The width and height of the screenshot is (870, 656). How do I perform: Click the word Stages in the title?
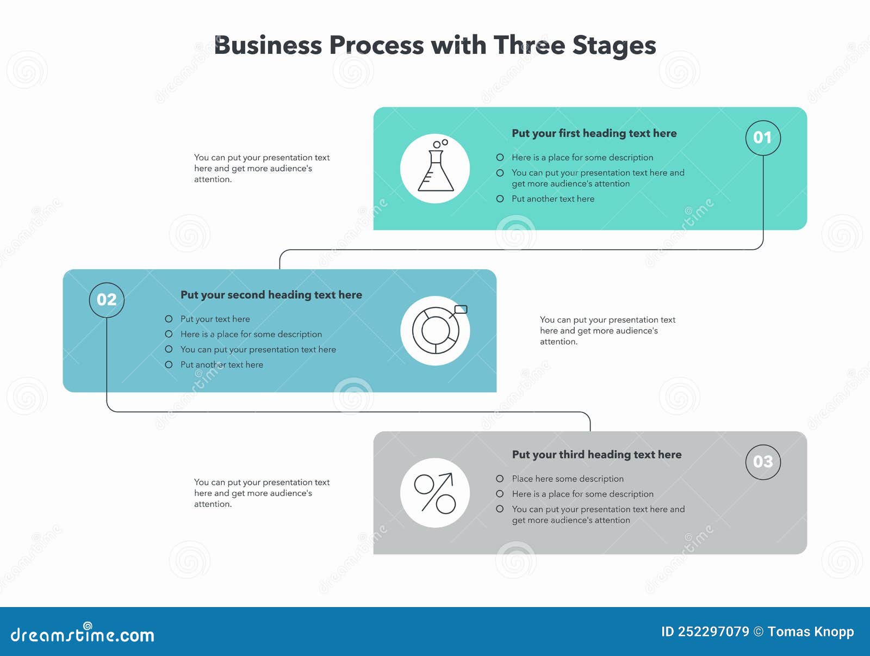coord(614,46)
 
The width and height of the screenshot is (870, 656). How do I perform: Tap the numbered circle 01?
coord(762,138)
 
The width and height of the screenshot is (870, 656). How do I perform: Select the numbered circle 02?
coord(107,300)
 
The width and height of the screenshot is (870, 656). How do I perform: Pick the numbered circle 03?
coord(762,462)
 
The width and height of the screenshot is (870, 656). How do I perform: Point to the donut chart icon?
coord(435,331)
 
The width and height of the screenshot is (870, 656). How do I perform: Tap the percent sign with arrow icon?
coord(435,493)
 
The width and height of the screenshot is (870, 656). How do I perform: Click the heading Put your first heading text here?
coord(594,133)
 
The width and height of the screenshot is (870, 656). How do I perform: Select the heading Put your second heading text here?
coord(271,295)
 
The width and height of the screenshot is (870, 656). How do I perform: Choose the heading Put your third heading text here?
coord(596,455)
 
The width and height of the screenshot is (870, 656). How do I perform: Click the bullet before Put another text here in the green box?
coord(500,199)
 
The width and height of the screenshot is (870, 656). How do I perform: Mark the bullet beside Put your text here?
coord(169,319)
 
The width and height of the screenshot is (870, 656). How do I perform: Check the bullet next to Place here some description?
coord(500,479)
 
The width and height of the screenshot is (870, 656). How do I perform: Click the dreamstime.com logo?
coord(82,634)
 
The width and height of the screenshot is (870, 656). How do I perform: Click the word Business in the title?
coord(264,46)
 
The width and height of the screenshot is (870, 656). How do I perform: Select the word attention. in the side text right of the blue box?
coord(558,342)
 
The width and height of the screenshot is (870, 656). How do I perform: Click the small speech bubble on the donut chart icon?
coord(461,310)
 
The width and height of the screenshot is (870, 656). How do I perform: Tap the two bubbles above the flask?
coord(440,144)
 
